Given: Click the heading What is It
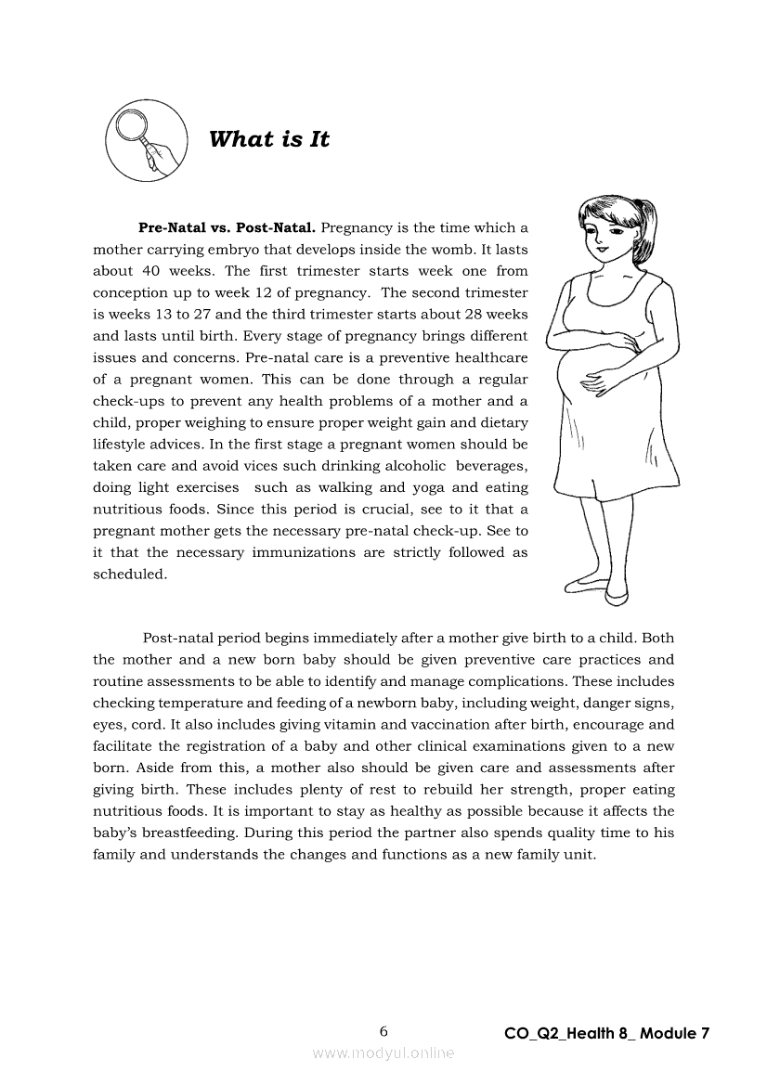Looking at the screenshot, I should pos(269,139).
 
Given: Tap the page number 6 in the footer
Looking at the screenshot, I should pos(383,1031).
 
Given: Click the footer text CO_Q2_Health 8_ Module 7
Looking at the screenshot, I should pos(607,1033).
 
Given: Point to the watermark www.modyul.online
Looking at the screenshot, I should pos(383,1053).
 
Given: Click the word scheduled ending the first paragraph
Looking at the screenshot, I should pos(130,574).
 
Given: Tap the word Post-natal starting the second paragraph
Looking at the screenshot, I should pos(176,638).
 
